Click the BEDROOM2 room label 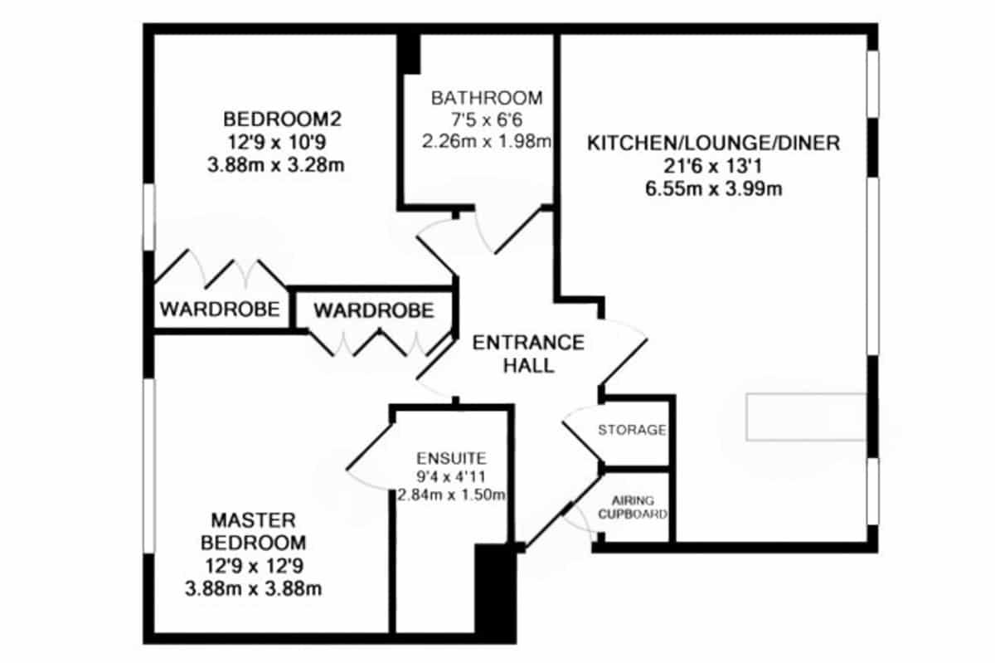click(x=282, y=119)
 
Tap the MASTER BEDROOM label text click(x=253, y=531)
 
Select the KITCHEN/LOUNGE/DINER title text click(x=713, y=144)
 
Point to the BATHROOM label click(x=487, y=98)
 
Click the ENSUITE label click(x=451, y=458)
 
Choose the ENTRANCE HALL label click(x=528, y=354)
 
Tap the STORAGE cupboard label click(x=632, y=430)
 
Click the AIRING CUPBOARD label click(x=633, y=507)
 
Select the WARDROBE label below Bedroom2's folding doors click(x=220, y=309)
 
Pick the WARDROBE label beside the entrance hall click(x=374, y=310)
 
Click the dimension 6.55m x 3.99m click(x=713, y=189)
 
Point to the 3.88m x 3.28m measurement click(x=276, y=165)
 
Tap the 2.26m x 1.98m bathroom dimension click(x=487, y=141)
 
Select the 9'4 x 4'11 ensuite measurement click(x=451, y=476)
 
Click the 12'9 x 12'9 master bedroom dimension click(x=254, y=566)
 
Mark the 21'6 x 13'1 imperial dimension click(x=713, y=166)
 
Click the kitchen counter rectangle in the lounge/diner click(x=806, y=417)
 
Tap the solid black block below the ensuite click(x=496, y=593)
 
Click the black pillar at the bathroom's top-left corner click(x=408, y=54)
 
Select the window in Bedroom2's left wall click(x=148, y=217)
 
